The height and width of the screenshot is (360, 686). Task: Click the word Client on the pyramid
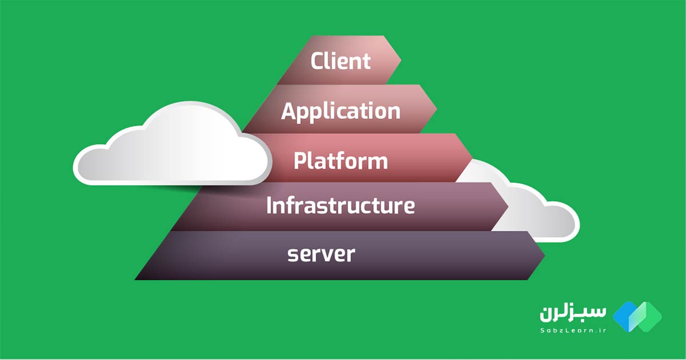pos(341,61)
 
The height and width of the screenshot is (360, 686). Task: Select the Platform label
pos(341,161)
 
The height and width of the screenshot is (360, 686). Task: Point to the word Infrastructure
pos(341,205)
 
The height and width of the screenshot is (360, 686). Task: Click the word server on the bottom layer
pos(321,254)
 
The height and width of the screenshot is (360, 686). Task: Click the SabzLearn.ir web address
pos(573,330)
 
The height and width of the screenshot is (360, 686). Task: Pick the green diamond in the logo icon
pos(647,317)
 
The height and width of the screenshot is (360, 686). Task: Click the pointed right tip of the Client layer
pos(401,60)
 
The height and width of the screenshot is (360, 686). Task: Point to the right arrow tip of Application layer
pos(437,109)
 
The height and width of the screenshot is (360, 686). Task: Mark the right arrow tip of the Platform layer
pos(472,157)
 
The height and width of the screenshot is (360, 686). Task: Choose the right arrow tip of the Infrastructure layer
pos(508,206)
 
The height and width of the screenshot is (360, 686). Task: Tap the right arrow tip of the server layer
pos(545,255)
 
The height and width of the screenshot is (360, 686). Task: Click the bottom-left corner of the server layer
pos(135,279)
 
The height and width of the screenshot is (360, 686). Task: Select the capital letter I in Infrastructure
pos(269,205)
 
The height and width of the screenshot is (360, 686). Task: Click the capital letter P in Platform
pos(300,160)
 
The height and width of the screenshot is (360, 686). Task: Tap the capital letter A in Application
pos(289,110)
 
